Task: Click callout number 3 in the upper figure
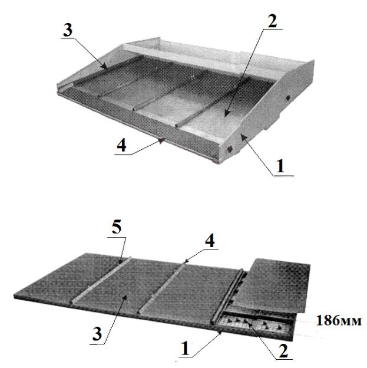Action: coord(68,31)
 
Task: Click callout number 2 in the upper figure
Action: coord(272,21)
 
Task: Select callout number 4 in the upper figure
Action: coord(121,146)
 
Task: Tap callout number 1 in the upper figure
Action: coord(280,166)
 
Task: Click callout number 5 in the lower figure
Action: coord(117,228)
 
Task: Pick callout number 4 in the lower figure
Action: coord(210,241)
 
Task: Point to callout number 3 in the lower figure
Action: coord(97,334)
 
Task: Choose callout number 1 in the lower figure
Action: coord(185,349)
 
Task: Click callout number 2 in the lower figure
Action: coord(283,351)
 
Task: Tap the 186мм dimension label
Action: coord(339,320)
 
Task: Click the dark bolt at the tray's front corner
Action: coord(229,149)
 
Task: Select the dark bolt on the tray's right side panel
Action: coord(288,98)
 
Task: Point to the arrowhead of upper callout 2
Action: coord(226,113)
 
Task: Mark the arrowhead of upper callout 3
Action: coord(105,66)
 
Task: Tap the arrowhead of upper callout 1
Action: coord(242,137)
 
